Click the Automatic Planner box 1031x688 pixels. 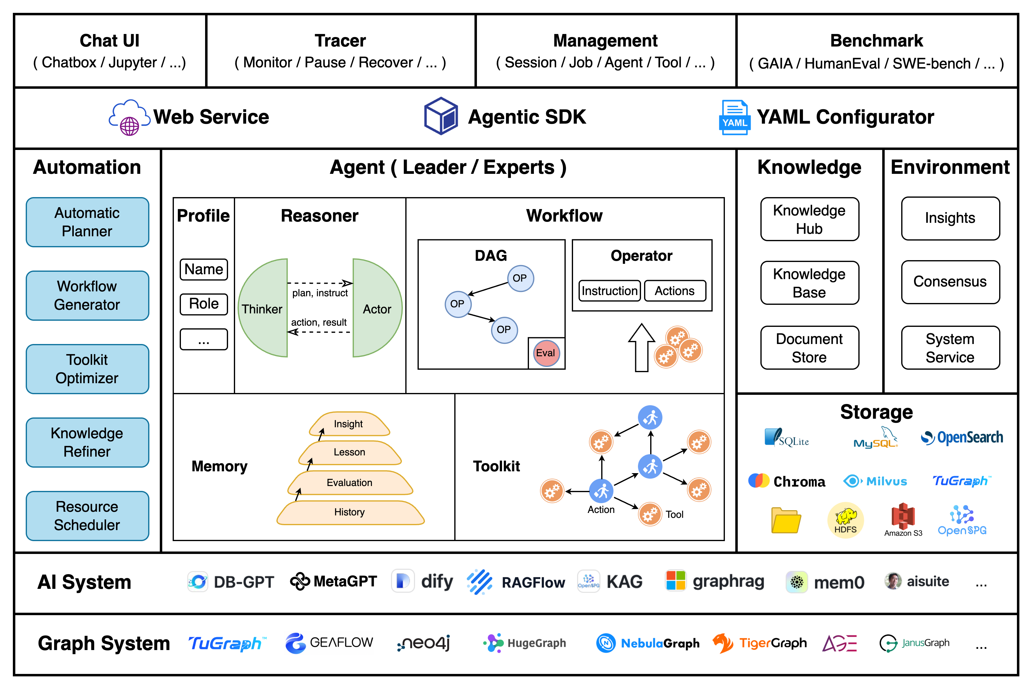pyautogui.click(x=87, y=222)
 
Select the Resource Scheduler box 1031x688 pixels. pyautogui.click(x=87, y=516)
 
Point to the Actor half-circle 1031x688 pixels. pyautogui.click(x=377, y=308)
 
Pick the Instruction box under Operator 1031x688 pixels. pyautogui.click(x=609, y=291)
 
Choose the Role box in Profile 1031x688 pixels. pyautogui.click(x=204, y=304)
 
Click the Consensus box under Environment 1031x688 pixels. pyautogui.click(x=950, y=282)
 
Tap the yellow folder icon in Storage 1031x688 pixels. pyautogui.click(x=786, y=520)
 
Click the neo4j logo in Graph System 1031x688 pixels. pyautogui.click(x=424, y=643)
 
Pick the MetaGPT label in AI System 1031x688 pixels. pyautogui.click(x=334, y=581)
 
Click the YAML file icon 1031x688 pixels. pyautogui.click(x=735, y=117)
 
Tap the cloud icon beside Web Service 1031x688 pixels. pyautogui.click(x=129, y=117)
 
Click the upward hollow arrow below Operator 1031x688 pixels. pyautogui.click(x=641, y=347)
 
